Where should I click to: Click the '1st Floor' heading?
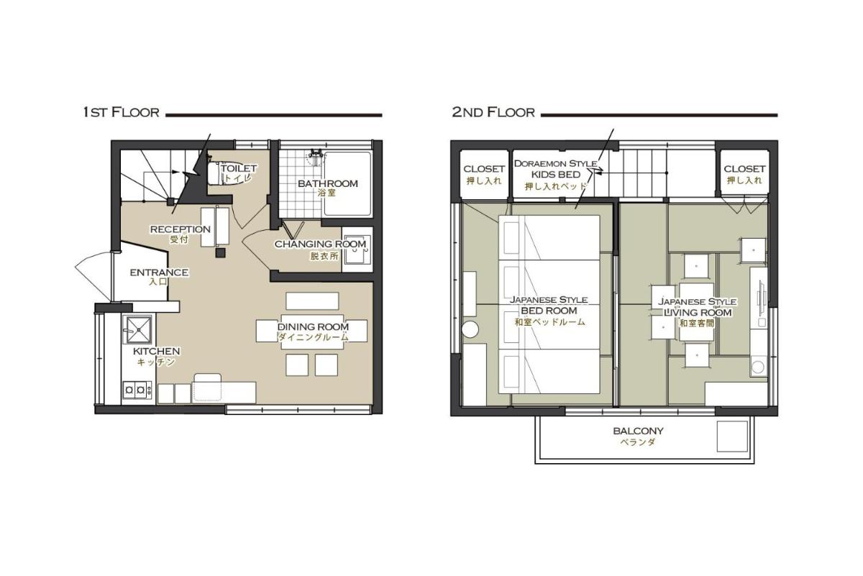click(121, 112)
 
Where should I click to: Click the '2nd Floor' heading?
click(493, 112)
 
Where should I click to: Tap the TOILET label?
click(239, 168)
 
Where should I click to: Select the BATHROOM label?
click(328, 183)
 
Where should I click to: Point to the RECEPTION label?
click(181, 229)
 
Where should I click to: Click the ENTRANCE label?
click(159, 273)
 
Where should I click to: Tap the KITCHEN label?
click(157, 351)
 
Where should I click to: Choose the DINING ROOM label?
click(314, 326)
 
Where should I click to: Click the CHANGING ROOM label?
click(320, 244)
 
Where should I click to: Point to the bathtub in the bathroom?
click(347, 183)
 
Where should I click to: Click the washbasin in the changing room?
click(357, 250)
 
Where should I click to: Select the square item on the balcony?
click(732, 436)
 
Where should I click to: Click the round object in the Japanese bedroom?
click(470, 329)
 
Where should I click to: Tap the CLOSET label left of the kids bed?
click(484, 169)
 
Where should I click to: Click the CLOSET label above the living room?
click(744, 169)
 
